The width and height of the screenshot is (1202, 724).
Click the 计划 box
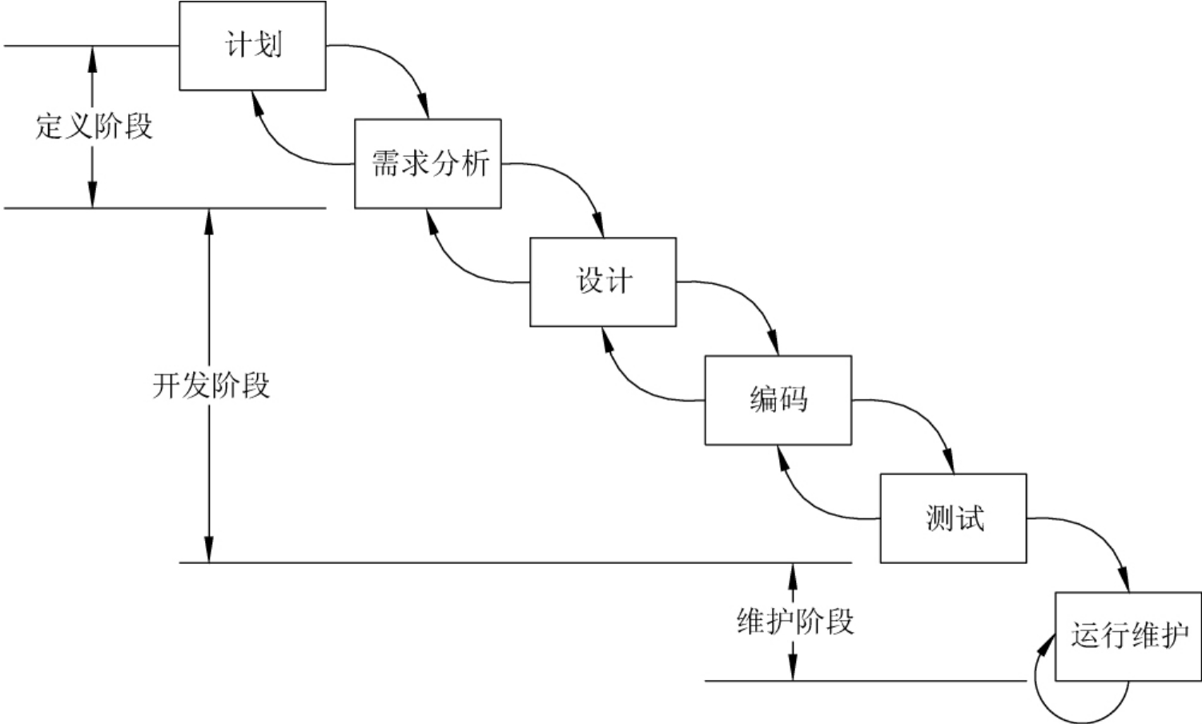(252, 46)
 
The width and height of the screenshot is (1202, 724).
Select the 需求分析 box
(428, 164)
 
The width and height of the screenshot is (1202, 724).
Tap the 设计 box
(603, 282)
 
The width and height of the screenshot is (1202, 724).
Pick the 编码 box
(778, 400)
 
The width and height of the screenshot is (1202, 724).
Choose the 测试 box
(953, 518)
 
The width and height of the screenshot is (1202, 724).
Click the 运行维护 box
(1128, 636)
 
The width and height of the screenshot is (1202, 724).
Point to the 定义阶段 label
(94, 126)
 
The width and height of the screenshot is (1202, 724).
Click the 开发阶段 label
(211, 386)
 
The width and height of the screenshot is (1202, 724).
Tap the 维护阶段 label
(795, 622)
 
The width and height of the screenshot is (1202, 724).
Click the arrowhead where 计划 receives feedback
(255, 99)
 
